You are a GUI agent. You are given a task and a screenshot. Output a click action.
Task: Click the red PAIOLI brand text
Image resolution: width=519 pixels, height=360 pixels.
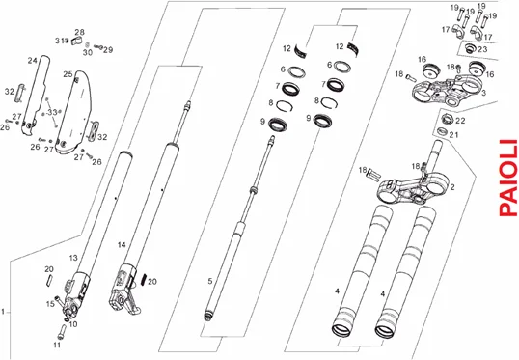[x=507, y=178]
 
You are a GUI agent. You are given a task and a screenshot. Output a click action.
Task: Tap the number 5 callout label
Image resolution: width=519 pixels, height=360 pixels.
[x=210, y=281]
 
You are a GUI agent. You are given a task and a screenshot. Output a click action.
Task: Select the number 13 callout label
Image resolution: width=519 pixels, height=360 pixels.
[x=73, y=258]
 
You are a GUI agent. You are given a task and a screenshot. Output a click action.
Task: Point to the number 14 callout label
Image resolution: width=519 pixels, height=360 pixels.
[x=122, y=245]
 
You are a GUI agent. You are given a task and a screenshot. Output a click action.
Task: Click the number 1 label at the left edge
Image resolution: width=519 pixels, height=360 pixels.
[x=3, y=312]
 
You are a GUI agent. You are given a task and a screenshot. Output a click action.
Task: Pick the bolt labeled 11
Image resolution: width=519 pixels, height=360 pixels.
[x=62, y=331]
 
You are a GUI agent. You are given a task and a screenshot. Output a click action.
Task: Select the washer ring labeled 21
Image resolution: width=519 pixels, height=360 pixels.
[x=442, y=131]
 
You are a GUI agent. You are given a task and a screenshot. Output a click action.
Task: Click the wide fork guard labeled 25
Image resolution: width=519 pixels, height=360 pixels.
[x=74, y=112]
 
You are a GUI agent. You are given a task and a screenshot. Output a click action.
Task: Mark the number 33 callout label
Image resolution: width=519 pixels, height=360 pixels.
[x=52, y=112]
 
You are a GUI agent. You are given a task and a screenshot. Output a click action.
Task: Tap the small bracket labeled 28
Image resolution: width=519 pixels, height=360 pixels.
[x=76, y=42]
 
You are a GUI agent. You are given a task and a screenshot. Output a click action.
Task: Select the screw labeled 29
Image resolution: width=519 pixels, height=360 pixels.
[x=98, y=47]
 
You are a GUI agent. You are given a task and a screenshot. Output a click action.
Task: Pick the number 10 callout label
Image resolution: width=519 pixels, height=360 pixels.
[x=72, y=323]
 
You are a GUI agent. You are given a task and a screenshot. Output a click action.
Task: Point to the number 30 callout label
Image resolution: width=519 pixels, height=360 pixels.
[x=88, y=52]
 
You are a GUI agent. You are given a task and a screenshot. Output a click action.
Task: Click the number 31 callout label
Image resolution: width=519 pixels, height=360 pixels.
[x=59, y=41]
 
